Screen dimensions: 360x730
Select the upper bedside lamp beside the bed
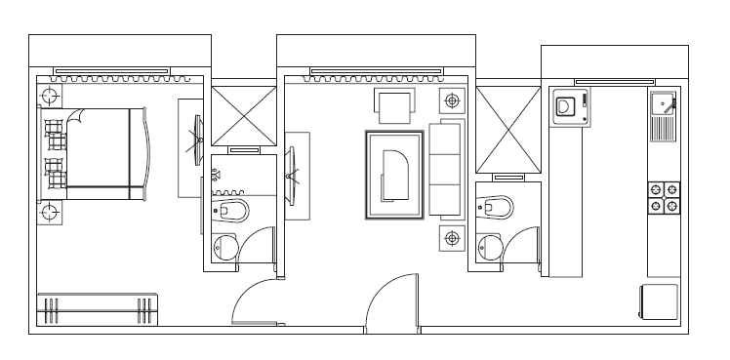[x=49, y=95]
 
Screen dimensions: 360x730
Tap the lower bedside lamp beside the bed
[x=49, y=212]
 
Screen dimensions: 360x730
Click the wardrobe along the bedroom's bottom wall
[x=98, y=310]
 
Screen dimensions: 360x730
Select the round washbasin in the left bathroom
[x=225, y=248]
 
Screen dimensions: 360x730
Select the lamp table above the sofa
[x=452, y=100]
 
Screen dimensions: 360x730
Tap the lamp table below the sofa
[x=452, y=237]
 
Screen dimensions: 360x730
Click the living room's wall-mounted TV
[x=292, y=175]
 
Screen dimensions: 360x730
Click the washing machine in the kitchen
[x=568, y=106]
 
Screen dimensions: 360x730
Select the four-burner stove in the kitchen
[x=666, y=197]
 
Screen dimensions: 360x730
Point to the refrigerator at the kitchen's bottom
[x=659, y=301]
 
